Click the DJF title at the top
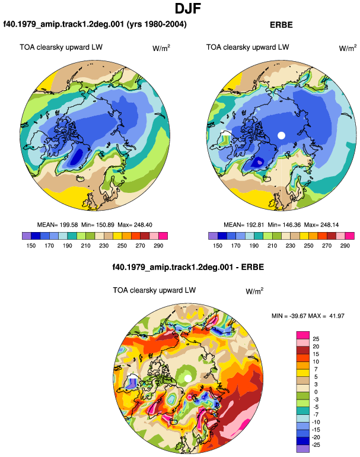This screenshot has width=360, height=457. [x=188, y=8]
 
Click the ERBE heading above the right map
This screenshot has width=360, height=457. [x=281, y=25]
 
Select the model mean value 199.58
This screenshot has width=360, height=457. [x=69, y=225]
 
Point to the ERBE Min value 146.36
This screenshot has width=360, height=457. [x=292, y=225]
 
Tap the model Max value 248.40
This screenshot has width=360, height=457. [x=143, y=225]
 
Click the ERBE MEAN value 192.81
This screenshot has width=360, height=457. [x=256, y=225]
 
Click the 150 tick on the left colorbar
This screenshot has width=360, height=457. [x=31, y=246]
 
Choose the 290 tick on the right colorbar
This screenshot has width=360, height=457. [x=345, y=246]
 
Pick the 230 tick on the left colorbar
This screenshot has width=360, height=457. [x=104, y=246]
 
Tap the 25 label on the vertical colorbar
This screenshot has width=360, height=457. [x=316, y=339]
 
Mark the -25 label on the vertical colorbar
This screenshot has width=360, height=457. [x=315, y=445]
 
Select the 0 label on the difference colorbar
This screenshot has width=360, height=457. [x=316, y=392]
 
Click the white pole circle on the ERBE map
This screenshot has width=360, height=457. [x=281, y=135]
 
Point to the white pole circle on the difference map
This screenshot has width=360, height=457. [x=188, y=378]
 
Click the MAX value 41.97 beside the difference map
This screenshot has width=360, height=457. [x=337, y=316]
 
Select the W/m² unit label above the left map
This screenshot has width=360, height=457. [x=161, y=48]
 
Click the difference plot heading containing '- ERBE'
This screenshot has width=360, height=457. [x=188, y=267]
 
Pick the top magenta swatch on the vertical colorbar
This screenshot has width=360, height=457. [x=303, y=335]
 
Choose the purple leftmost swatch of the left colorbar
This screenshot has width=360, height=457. [x=27, y=236]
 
